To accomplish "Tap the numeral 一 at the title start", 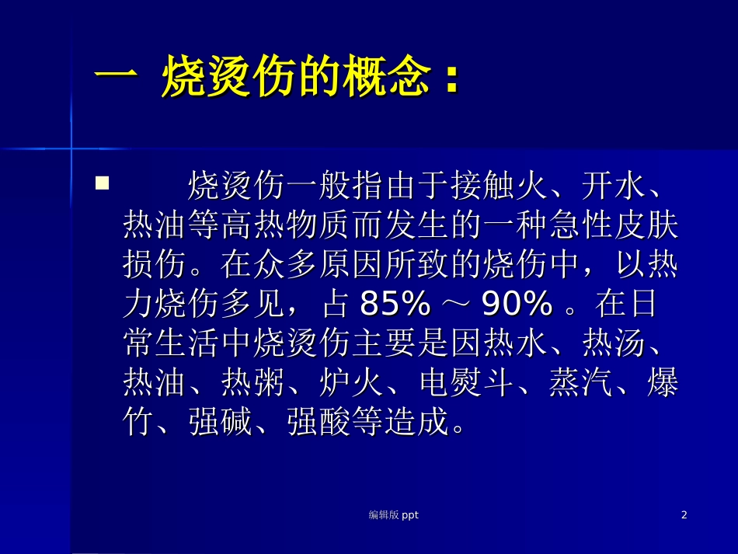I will click(x=115, y=80).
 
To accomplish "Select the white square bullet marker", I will click(x=101, y=184).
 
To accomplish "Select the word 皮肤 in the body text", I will click(x=646, y=226).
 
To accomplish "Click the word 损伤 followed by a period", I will click(x=155, y=266).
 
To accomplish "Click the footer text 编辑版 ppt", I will click(x=393, y=514).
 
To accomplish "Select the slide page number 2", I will click(x=684, y=514).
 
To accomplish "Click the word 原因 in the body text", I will click(x=351, y=266).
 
